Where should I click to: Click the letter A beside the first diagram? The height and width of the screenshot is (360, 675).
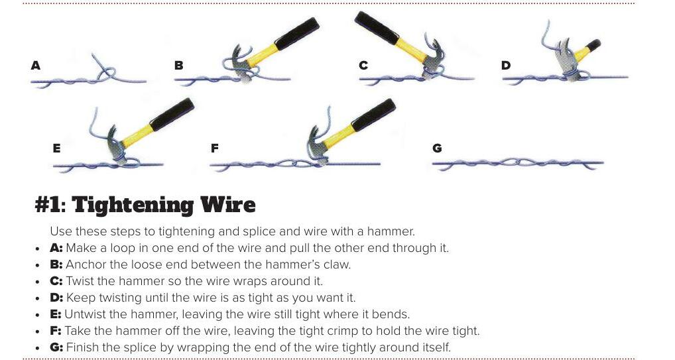click(x=36, y=66)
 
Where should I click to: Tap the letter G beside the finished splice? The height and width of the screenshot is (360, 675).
click(x=437, y=148)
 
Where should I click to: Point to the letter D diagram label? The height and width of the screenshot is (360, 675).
click(x=506, y=66)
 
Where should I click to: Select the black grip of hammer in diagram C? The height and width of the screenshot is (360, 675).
click(x=376, y=28)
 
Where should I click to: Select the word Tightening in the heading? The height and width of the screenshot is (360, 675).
click(x=133, y=205)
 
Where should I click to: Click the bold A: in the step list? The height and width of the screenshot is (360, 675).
click(x=56, y=248)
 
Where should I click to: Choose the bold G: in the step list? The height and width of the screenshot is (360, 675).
click(x=56, y=347)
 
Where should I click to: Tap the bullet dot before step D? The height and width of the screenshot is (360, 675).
click(x=38, y=298)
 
